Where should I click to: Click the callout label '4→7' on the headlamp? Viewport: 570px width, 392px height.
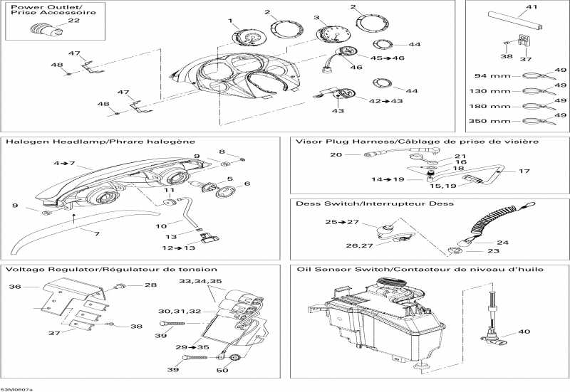[x=63, y=163]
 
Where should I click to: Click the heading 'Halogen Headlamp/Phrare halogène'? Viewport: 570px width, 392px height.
[x=100, y=142]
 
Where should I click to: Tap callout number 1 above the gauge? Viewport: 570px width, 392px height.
[x=230, y=21]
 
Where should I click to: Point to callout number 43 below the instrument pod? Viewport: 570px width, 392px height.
[x=338, y=111]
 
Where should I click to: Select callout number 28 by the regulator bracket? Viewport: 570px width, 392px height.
[x=150, y=285]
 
